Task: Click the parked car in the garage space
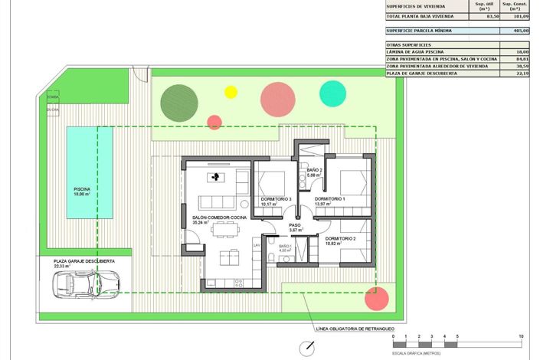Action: [74, 285]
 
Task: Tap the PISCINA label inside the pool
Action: [81, 188]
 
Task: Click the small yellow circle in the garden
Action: [231, 93]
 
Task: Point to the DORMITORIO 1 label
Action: [330, 199]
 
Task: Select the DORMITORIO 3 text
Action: [275, 199]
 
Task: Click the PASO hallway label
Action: [295, 225]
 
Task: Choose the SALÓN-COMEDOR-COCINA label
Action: [219, 218]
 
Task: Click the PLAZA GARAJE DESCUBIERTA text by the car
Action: [83, 261]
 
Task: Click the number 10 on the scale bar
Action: [520, 336]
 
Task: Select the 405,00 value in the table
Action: [521, 31]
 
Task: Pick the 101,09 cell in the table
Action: [521, 16]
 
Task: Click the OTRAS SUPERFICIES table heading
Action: [410, 44]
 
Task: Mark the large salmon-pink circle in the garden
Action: [278, 100]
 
